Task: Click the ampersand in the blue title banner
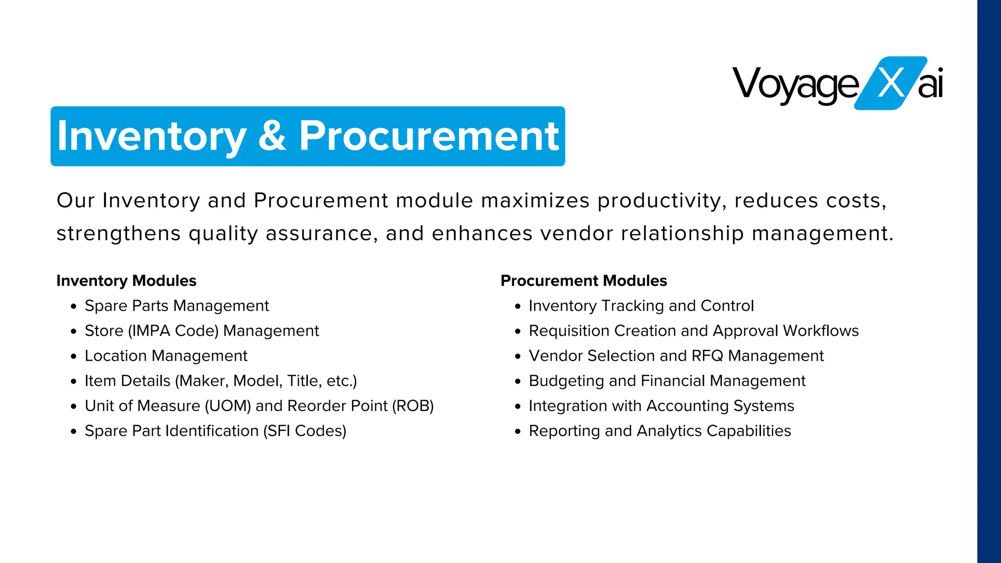(x=272, y=135)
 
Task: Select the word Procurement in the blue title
(x=429, y=135)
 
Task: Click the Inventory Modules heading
(x=126, y=281)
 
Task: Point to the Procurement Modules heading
(x=584, y=281)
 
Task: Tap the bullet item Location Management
(x=166, y=356)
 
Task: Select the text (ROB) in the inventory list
(x=413, y=406)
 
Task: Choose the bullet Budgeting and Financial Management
(x=667, y=381)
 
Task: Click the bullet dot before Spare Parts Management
(x=74, y=306)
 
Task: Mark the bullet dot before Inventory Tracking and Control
(x=518, y=306)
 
